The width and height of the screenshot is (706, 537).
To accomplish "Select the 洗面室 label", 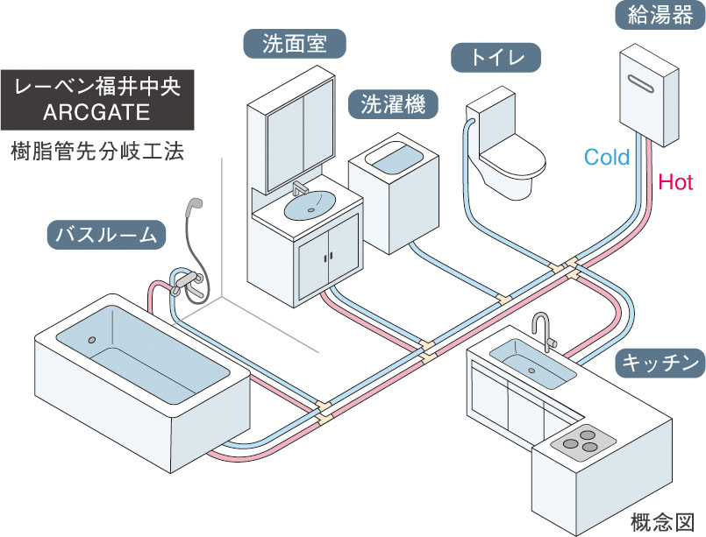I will click(294, 43).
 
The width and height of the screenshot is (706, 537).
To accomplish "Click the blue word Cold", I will click(607, 158).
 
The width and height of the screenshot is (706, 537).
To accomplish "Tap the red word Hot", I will click(675, 182).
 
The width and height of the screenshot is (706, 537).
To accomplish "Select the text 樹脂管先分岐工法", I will click(97, 150).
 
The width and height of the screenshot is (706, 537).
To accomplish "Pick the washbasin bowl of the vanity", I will click(309, 205).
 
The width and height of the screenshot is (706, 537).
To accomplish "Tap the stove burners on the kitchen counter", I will click(583, 438).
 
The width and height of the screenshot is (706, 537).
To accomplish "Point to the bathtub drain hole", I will click(91, 340).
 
